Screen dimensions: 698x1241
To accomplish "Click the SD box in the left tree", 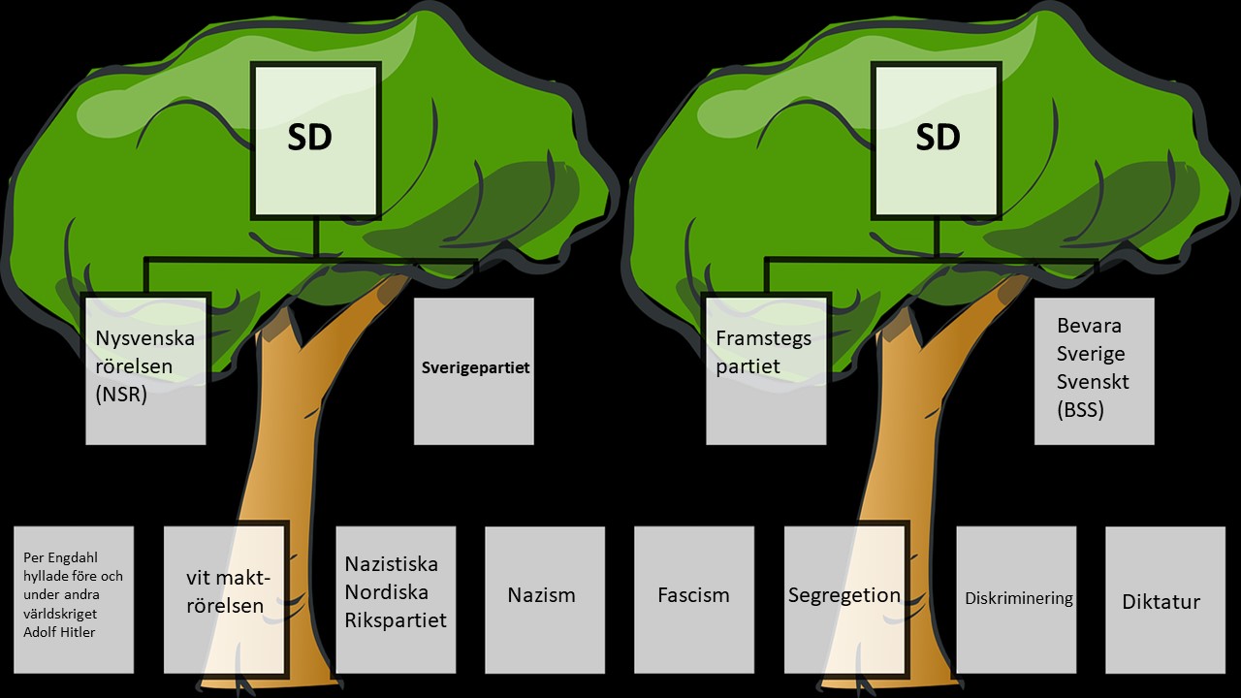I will tap(315, 140).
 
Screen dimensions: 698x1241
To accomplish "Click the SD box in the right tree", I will tap(937, 140).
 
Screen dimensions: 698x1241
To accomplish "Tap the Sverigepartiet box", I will tap(474, 370).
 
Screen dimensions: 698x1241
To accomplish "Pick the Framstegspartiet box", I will tap(766, 370).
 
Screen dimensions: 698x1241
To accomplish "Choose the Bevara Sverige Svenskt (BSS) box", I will tap(1094, 370).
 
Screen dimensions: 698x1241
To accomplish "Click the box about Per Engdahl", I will tap(74, 599).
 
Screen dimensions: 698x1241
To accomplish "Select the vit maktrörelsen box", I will tap(226, 599).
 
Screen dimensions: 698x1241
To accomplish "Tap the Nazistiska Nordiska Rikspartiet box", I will tap(396, 599).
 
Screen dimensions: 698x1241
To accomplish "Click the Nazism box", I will tap(545, 599).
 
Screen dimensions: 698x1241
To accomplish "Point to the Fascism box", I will tap(694, 599).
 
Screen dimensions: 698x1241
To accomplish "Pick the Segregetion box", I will tap(844, 599).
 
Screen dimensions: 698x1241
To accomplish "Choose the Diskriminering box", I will tap(1017, 599).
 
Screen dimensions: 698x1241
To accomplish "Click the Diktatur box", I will tap(1165, 599).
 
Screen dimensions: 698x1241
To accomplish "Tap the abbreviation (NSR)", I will tap(121, 395).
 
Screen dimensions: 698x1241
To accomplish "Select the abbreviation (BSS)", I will tap(1080, 409).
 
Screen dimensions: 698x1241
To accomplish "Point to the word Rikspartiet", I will tap(396, 619).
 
